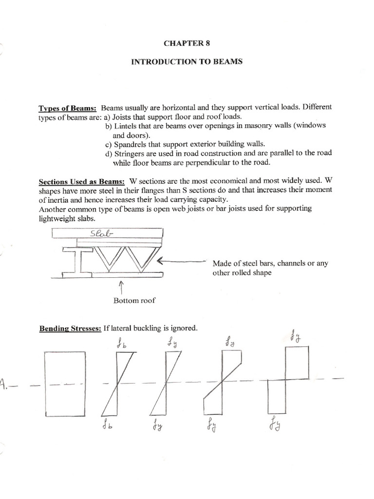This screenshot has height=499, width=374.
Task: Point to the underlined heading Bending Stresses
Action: pos(70,328)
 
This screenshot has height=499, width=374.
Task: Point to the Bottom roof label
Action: pos(134,300)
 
